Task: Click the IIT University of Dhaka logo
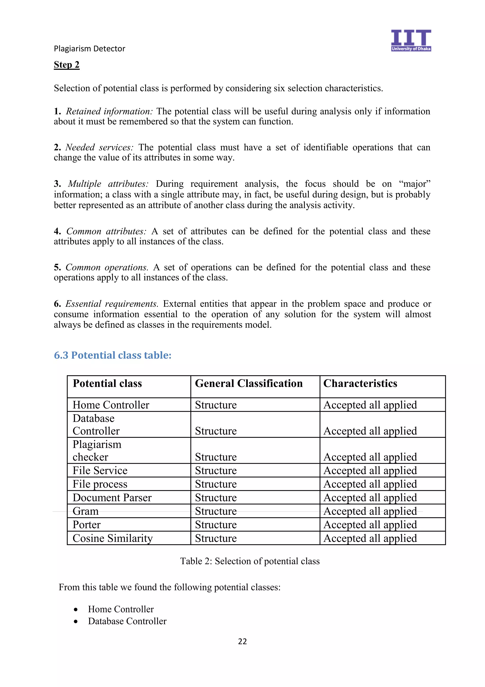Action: coord(411,40)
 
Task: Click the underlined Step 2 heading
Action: coord(67,65)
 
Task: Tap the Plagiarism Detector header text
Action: coord(89,48)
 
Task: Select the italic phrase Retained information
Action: coord(109,111)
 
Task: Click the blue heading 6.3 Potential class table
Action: coord(113,355)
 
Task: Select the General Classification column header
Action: coord(249,383)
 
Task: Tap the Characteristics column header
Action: coord(360,383)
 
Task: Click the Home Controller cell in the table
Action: coord(111,405)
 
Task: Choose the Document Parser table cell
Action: coord(112,498)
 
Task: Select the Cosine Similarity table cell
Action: coord(113,538)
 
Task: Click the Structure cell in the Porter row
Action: coord(216,525)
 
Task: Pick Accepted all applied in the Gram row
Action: coord(370,511)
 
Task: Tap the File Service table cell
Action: coord(100,471)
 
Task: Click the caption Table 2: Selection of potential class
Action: coord(250,561)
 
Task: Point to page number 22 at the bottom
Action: coord(242,641)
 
